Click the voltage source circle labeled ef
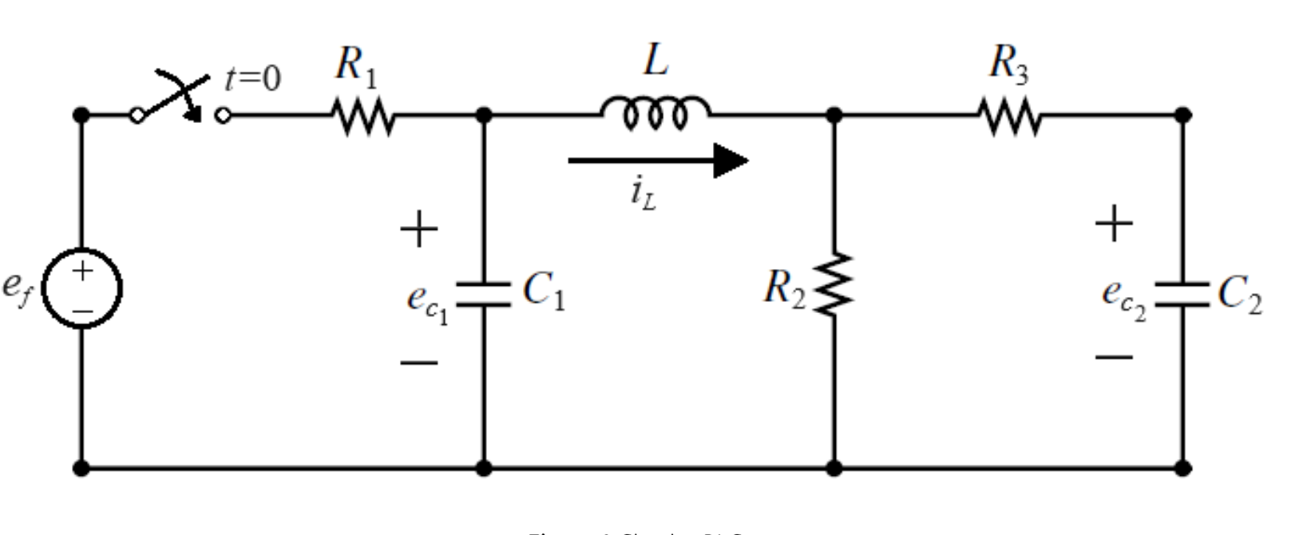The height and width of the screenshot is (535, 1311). tap(81, 289)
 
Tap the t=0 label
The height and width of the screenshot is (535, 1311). tap(253, 78)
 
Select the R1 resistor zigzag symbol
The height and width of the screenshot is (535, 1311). tap(363, 116)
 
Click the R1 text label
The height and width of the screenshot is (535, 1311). tap(355, 65)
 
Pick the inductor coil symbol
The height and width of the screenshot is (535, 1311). tap(655, 112)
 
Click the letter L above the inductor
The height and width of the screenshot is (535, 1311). tap(655, 61)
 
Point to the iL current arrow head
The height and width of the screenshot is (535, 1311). tap(731, 160)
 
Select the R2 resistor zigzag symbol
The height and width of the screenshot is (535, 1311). tap(834, 285)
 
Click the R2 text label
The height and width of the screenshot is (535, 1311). tap(784, 288)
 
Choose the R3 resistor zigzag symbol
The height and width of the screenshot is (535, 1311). tap(1010, 116)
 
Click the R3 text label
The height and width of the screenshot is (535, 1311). tap(1008, 64)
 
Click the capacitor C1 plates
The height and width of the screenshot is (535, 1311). tap(483, 294)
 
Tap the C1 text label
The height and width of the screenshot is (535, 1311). tap(543, 291)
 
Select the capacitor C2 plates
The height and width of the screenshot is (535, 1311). tap(1182, 294)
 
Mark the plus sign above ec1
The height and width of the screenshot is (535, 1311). tap(419, 230)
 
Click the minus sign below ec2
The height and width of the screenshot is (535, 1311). tap(1114, 356)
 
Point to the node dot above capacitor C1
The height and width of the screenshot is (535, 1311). tap(483, 115)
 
